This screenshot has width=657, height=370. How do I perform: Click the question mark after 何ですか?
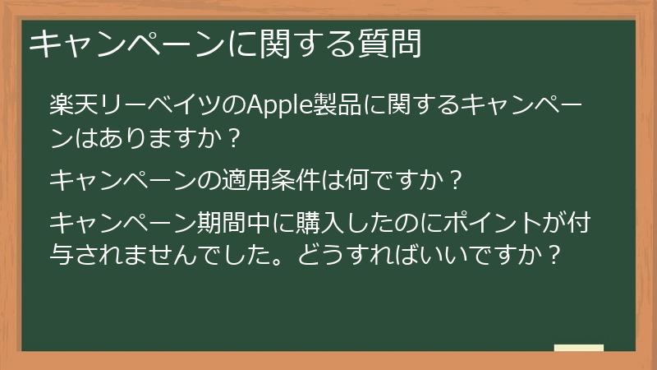(455, 178)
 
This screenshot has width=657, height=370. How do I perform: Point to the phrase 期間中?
(251, 223)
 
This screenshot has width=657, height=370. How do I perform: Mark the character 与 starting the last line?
(61, 252)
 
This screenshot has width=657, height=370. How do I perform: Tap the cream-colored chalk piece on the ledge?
(578, 349)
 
